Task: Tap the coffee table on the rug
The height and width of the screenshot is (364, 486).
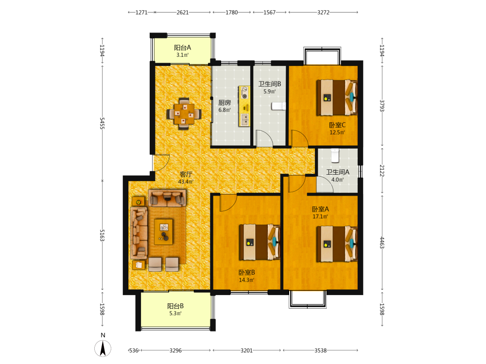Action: tap(164, 232)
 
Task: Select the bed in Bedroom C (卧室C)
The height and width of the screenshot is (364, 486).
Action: tap(337, 98)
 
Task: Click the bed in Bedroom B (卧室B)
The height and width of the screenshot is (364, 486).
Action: tap(260, 242)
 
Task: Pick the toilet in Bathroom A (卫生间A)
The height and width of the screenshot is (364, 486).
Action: tap(335, 155)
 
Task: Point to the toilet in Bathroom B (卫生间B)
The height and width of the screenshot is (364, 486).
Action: tap(278, 106)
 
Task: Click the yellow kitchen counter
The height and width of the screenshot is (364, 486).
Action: tap(244, 106)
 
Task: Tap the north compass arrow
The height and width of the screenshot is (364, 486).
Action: tap(103, 348)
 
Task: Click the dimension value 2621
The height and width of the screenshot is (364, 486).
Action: tap(183, 13)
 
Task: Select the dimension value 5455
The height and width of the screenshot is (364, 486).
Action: tap(102, 123)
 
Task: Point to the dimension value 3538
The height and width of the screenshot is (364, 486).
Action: tap(320, 350)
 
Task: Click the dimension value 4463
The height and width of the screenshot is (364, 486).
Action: tap(382, 242)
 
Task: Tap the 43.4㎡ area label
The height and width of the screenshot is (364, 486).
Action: tap(186, 182)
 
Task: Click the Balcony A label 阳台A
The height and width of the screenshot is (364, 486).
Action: tap(182, 48)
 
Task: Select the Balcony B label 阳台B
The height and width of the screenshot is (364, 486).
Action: tap(175, 306)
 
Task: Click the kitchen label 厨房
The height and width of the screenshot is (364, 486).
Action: tap(225, 102)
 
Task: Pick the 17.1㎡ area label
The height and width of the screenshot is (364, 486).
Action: tap(320, 216)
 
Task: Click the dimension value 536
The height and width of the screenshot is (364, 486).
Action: tap(134, 350)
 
